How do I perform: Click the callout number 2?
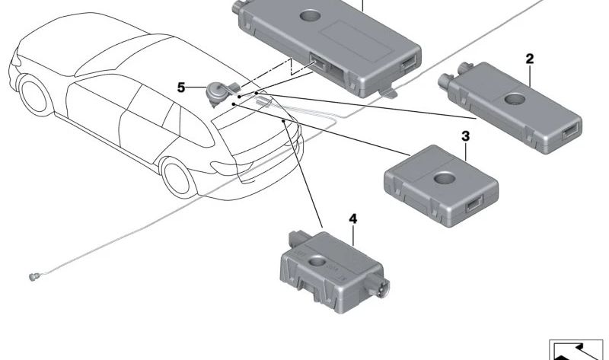pos(530,59)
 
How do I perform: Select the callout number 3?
pos(465,136)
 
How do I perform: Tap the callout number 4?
pos(352,218)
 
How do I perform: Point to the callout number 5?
pos(181,88)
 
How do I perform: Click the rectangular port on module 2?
pos(570,132)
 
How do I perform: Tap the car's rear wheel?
pos(176,174)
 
